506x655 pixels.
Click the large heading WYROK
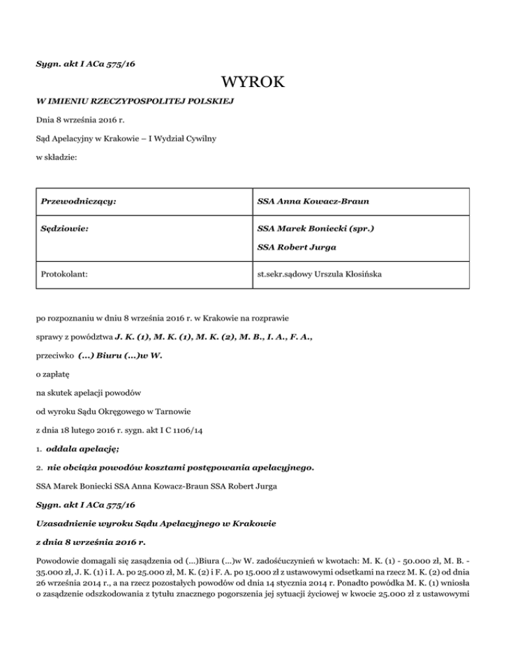(253, 84)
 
